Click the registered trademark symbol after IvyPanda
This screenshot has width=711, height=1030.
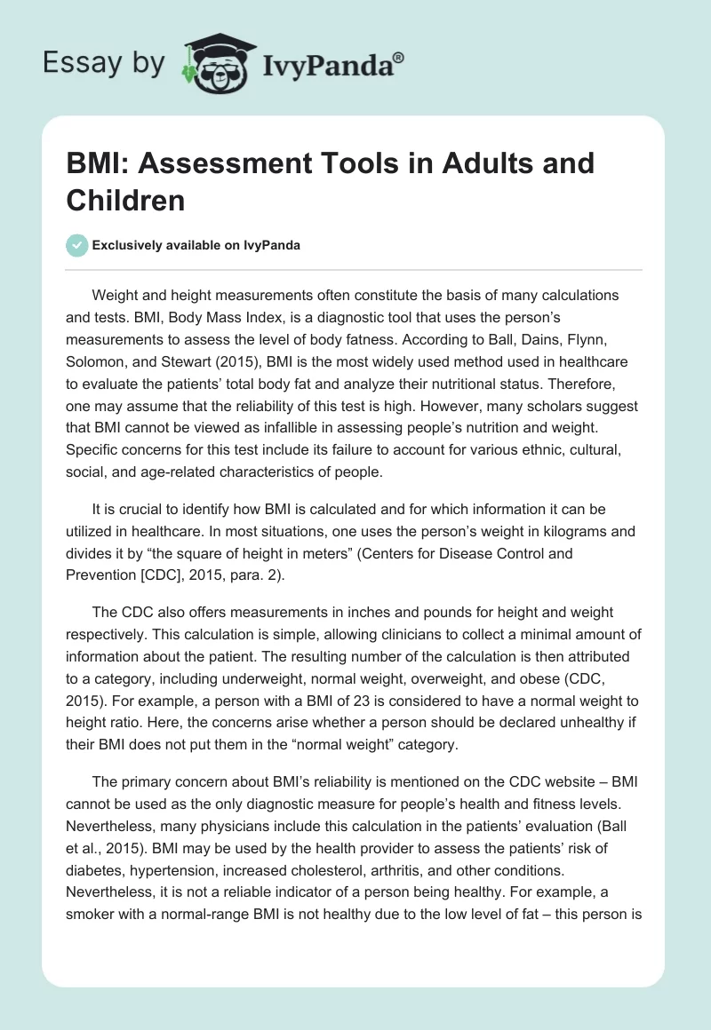click(x=399, y=58)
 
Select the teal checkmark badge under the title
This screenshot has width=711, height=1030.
click(x=77, y=245)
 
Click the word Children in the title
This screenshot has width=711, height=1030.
click(x=125, y=200)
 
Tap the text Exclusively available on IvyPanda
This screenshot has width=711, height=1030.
click(x=197, y=245)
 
